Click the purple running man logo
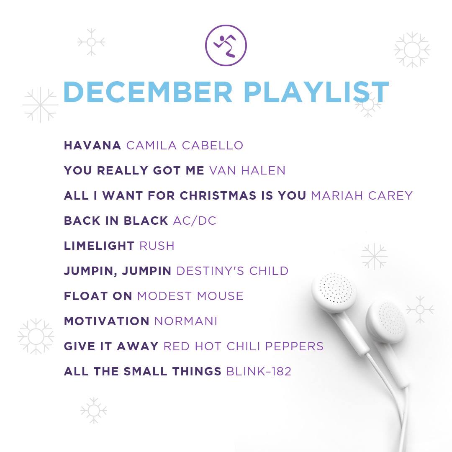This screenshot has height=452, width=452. [x=226, y=45]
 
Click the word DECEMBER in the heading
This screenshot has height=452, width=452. [x=148, y=92]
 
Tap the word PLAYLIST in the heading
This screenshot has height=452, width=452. [x=316, y=92]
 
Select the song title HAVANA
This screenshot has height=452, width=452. [x=92, y=145]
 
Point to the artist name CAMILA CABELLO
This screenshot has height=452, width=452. [x=185, y=145]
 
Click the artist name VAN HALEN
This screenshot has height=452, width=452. [x=247, y=170]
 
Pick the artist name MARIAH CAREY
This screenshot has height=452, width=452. [x=362, y=195]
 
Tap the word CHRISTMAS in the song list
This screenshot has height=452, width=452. [x=218, y=195]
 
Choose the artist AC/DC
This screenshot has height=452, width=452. [x=195, y=221]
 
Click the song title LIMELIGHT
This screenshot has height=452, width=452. [x=99, y=246]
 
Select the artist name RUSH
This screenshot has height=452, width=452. [x=157, y=246]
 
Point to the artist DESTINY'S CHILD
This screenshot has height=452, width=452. [x=232, y=271]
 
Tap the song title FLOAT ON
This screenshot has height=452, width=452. [x=98, y=296]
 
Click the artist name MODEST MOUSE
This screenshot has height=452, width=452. [x=190, y=296]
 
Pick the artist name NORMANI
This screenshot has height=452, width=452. [x=186, y=321]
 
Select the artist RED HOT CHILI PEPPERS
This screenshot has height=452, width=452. [x=244, y=346]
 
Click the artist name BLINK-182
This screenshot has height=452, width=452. [x=259, y=371]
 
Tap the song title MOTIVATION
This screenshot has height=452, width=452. [x=107, y=321]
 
